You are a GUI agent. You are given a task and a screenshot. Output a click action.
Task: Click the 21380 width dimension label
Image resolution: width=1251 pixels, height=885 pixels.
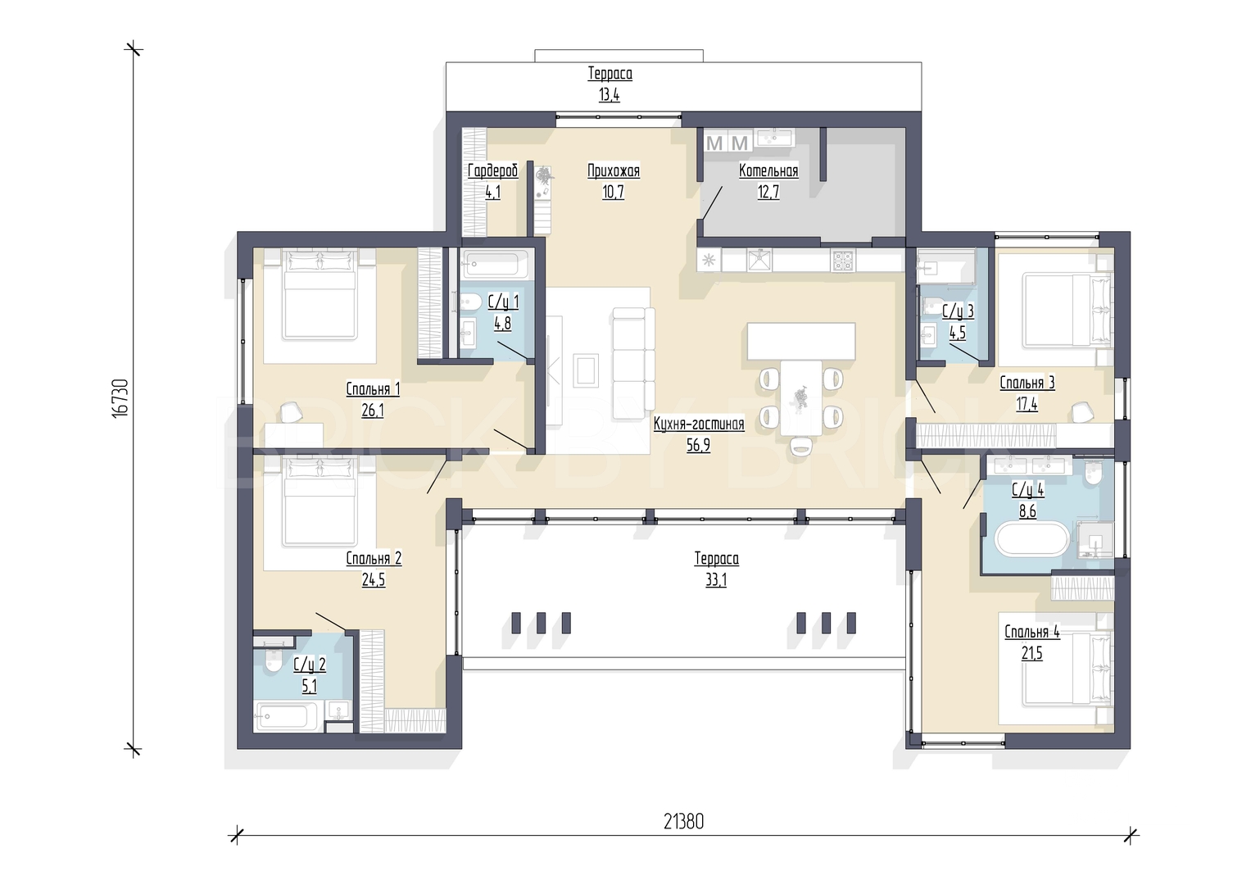pos(683,822)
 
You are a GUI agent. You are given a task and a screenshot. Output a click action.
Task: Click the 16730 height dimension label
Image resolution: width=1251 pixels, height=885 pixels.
pos(120,398)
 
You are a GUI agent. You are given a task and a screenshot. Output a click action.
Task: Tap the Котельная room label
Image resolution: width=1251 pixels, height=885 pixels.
pos(768,170)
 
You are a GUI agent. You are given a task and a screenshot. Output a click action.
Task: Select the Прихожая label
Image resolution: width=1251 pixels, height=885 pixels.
pos(614,170)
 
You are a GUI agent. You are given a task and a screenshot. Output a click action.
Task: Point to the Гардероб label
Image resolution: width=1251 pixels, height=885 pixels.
pos(492,170)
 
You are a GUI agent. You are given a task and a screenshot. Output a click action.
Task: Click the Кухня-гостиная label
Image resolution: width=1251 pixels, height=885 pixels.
pos(699,424)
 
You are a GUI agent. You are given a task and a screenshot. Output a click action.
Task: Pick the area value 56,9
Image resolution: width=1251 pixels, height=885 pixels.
pos(699,445)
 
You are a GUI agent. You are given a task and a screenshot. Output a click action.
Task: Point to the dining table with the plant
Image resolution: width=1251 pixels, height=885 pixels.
pos(801,397)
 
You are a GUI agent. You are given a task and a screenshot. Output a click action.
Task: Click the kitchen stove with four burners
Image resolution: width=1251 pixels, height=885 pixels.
pos(843,261)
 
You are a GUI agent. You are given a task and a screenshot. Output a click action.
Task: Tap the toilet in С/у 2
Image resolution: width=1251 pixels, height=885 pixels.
pos(274,662)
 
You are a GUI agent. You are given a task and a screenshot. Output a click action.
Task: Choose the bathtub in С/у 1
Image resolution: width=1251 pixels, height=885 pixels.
pos(495,263)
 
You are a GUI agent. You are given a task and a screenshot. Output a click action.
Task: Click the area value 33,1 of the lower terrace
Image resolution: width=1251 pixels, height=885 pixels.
pos(716,580)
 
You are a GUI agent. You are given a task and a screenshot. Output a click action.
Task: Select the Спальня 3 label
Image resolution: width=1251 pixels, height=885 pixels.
pos(1027,383)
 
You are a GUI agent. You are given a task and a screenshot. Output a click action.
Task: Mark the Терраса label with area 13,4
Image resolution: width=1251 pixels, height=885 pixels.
pos(610,73)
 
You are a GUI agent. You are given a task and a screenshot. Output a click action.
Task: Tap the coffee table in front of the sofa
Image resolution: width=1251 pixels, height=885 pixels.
pos(585,370)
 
